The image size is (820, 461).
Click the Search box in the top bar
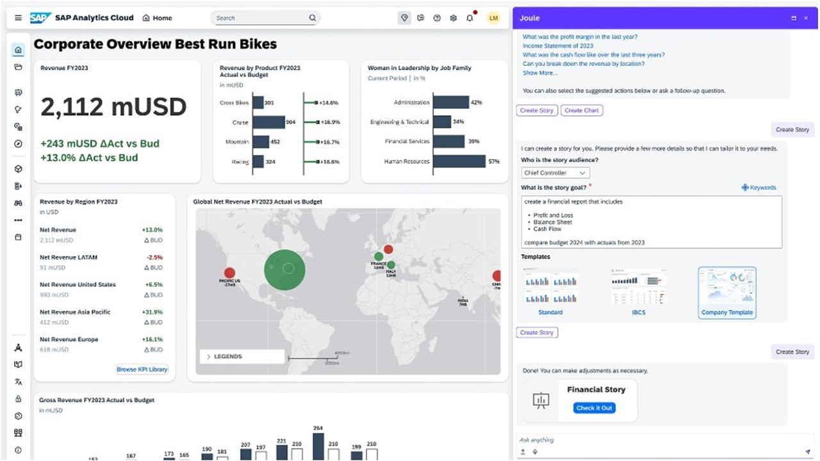point(263,18)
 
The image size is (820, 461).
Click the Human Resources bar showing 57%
point(459,162)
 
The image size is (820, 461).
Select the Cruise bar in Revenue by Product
point(268,122)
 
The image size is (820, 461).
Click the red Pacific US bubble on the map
point(229,273)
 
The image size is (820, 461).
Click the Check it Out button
point(594,408)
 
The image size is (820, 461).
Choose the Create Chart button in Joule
point(582,110)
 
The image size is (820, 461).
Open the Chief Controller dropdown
point(555,173)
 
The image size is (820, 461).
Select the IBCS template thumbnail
point(638,286)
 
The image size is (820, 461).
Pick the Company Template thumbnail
point(726,286)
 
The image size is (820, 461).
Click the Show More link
point(539,73)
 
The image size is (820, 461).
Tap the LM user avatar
point(493,18)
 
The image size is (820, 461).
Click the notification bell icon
point(470,18)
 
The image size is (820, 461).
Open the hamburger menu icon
point(18,18)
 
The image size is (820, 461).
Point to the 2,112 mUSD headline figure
point(113,108)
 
